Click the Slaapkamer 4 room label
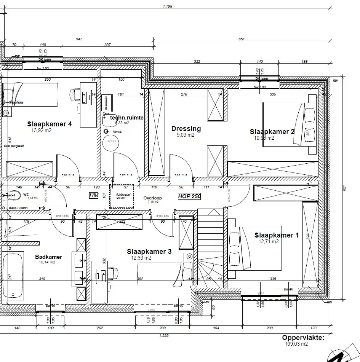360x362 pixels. point(49,124)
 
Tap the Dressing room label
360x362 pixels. point(186,129)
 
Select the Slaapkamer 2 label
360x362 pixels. point(272,132)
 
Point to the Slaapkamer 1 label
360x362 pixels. point(276,235)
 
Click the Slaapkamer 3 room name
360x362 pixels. point(149,252)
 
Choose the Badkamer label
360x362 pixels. point(48,257)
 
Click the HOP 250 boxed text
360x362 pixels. point(189,196)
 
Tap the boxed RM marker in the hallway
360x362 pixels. point(93,195)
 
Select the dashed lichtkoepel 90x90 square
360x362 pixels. point(122,196)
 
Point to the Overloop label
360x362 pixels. point(152,198)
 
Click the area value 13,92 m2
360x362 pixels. point(42,130)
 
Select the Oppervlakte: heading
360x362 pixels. point(303,338)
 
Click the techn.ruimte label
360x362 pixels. point(126,118)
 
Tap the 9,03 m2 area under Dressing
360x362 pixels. point(186,135)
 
